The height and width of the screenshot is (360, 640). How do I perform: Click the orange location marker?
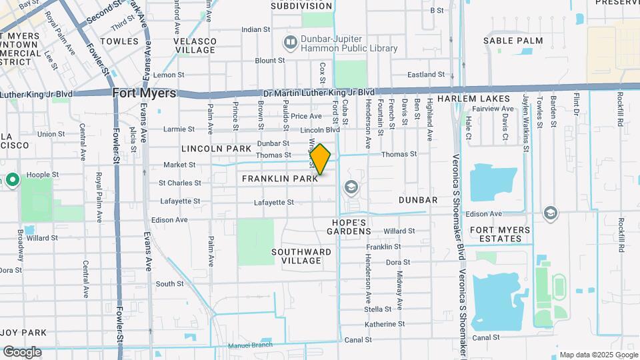pyautogui.click(x=320, y=159)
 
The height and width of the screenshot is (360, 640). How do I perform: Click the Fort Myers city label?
pyautogui.click(x=144, y=93)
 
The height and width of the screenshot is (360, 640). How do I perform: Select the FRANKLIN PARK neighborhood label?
pyautogui.click(x=279, y=179)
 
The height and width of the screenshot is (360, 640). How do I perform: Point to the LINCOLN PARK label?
pyautogui.click(x=216, y=148)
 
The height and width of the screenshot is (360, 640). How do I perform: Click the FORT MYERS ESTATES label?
pyautogui.click(x=501, y=235)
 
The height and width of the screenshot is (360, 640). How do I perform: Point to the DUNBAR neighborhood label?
pyautogui.click(x=418, y=200)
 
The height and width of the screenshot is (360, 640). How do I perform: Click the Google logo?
pyautogui.click(x=22, y=352)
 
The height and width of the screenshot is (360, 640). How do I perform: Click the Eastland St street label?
pyautogui.click(x=421, y=75)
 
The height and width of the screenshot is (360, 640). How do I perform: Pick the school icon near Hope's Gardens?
pyautogui.click(x=351, y=188)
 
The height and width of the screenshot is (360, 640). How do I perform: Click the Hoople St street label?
pyautogui.click(x=43, y=175)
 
